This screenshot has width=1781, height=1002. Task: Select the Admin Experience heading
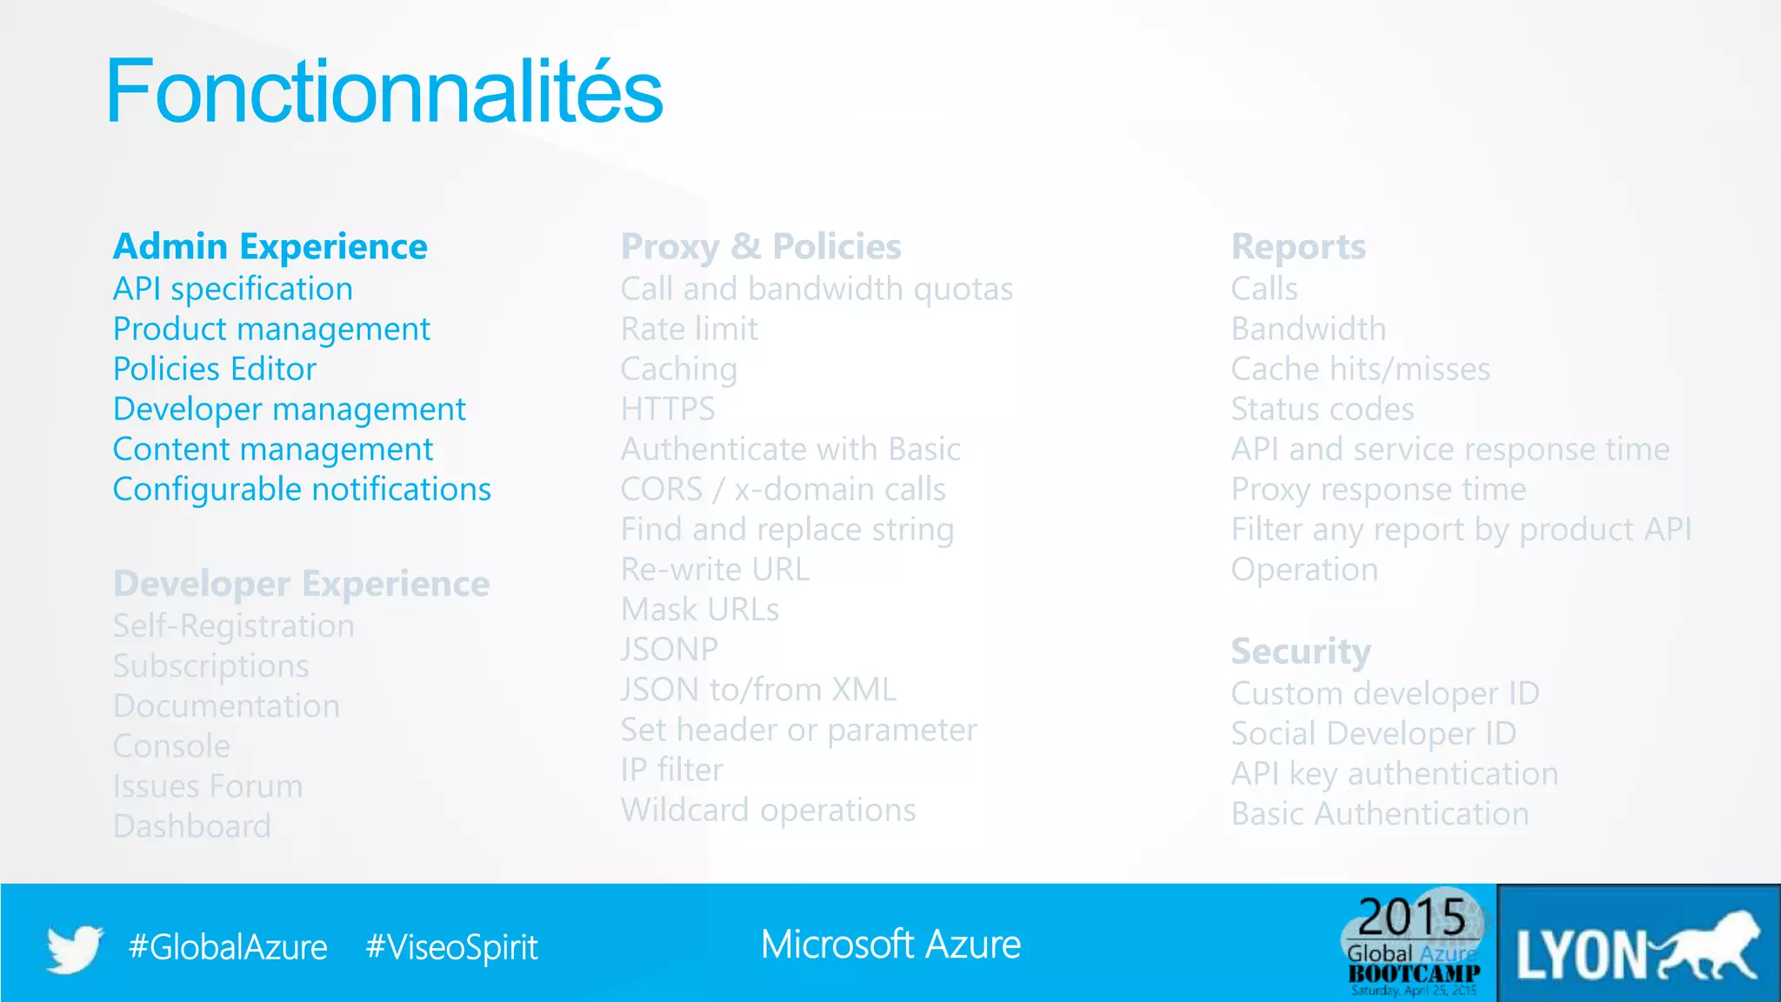coord(270,247)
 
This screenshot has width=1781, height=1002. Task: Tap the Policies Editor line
coord(215,370)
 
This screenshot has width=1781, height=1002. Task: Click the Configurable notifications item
coord(302,490)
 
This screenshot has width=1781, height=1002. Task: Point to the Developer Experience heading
coord(301,584)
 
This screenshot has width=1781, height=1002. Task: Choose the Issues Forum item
coord(208,786)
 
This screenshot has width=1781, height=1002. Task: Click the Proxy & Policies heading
coord(761,247)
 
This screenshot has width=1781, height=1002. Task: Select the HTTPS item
coord(668,410)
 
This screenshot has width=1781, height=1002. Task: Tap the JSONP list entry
coord(669,650)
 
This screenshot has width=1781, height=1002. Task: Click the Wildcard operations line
coord(768,811)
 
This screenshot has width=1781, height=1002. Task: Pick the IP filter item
coord(671,771)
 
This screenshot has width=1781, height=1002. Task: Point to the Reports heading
coord(1298,247)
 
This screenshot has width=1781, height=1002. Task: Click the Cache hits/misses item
coord(1360,370)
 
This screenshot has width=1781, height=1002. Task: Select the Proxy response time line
coord(1378,490)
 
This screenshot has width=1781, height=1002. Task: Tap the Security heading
coord(1301,651)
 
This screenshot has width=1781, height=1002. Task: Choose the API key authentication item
coord(1394,774)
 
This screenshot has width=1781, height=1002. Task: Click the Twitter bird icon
coord(75,947)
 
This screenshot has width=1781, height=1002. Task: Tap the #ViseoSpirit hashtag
coord(451,947)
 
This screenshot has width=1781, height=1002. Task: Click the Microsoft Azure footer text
coord(890,945)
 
